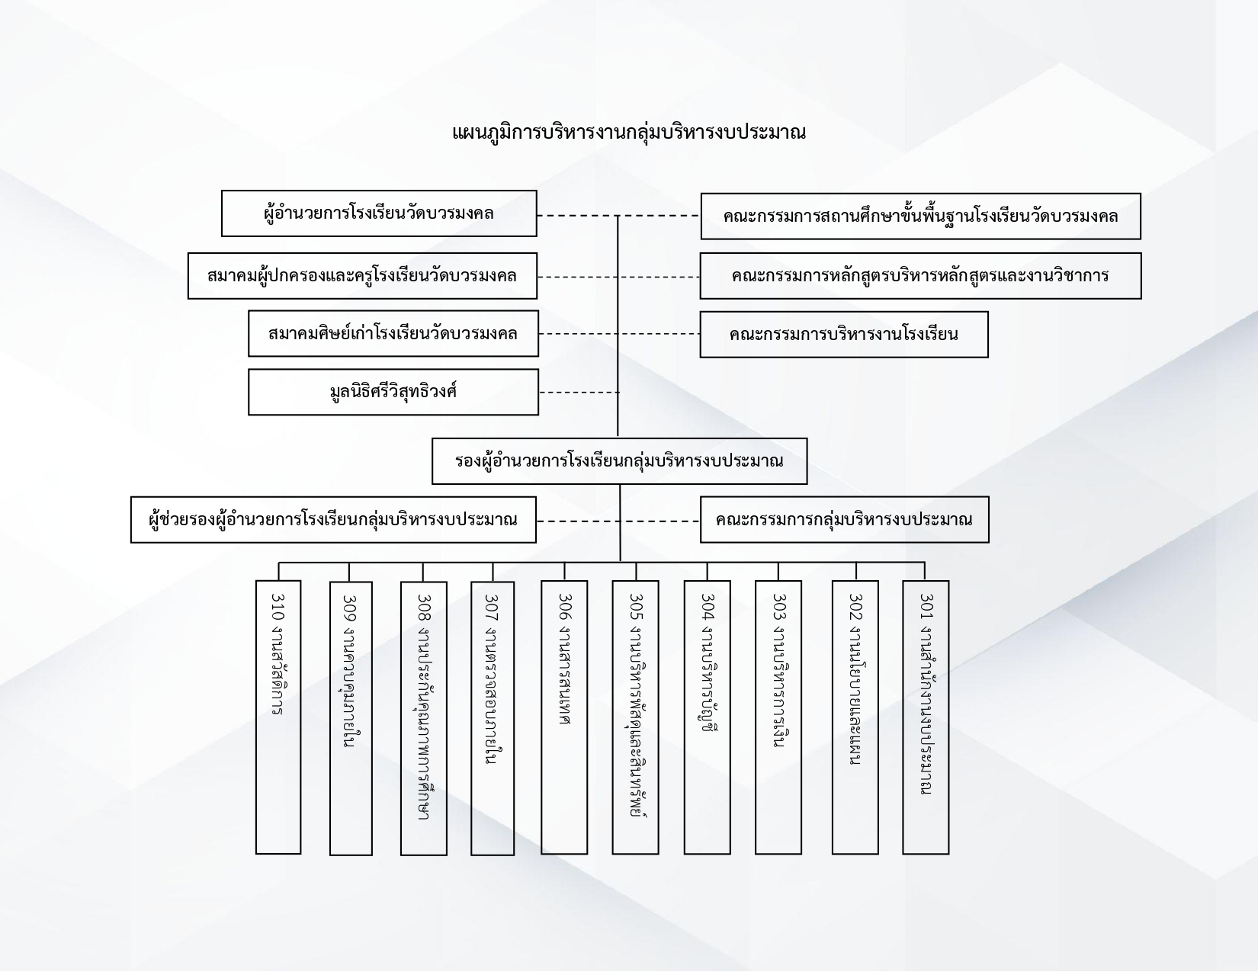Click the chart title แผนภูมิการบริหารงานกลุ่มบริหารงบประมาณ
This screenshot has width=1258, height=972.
629,133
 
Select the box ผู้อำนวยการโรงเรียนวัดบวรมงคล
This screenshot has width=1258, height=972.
379,213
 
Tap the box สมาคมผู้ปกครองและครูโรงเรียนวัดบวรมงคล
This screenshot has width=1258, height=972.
362,276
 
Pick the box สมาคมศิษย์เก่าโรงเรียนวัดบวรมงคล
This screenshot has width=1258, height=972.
393,334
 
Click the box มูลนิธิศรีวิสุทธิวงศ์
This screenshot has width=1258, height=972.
393,393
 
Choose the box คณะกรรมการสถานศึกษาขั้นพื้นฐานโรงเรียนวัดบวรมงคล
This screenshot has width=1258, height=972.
920,217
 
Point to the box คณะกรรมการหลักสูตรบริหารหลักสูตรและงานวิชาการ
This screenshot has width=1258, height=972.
920,276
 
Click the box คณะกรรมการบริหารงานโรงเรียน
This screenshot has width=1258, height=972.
844,335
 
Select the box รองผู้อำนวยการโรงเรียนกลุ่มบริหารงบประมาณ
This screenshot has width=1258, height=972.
619,461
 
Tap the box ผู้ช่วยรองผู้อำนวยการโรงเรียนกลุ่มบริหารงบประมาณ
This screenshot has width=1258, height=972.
333,520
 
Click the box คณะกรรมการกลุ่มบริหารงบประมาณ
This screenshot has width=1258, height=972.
845,520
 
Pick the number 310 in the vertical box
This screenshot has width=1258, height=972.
278,607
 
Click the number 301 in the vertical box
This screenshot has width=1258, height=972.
926,607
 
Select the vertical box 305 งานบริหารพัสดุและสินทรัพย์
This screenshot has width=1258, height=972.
636,717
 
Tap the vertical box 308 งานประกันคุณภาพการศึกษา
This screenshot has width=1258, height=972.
424,718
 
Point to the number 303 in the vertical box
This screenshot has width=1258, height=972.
779,607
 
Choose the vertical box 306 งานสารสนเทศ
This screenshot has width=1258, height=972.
564,717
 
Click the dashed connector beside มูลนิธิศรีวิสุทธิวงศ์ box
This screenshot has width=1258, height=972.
579,393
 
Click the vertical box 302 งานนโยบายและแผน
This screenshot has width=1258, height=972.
855,717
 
